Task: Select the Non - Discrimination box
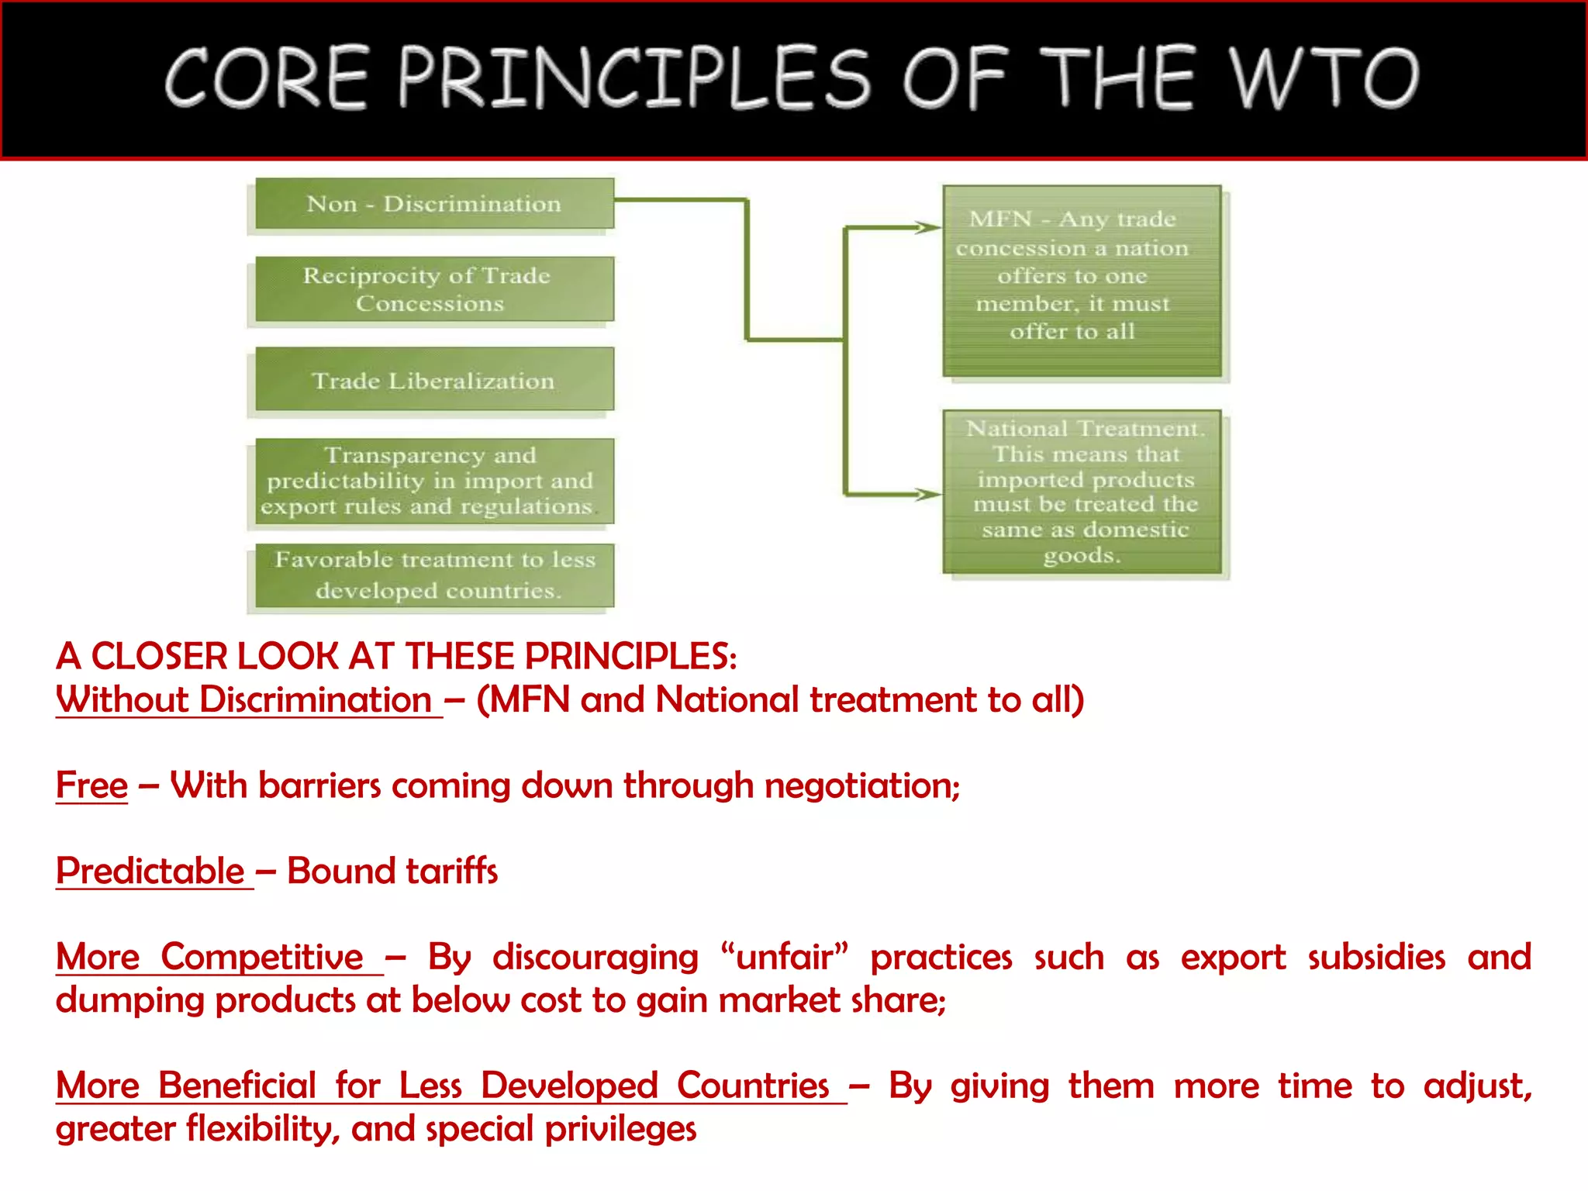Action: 434,204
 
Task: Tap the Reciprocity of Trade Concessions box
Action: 434,289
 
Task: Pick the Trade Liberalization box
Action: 434,380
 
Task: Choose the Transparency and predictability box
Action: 434,481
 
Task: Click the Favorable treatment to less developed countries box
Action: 434,575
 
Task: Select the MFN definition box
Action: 1082,281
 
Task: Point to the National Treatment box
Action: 1082,492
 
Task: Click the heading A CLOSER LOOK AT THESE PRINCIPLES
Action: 395,657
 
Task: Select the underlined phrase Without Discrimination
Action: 244,700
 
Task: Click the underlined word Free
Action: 91,785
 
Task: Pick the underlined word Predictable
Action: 150,871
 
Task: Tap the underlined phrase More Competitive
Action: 209,957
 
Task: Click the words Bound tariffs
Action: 392,871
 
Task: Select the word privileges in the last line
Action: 620,1129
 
